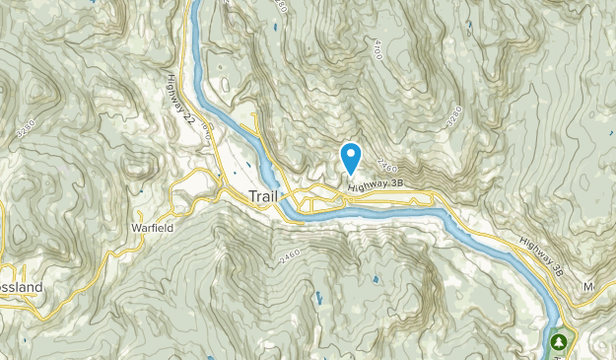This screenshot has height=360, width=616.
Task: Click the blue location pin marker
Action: [350, 159]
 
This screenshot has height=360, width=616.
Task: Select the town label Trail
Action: [264, 196]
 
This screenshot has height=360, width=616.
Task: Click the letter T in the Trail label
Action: [252, 196]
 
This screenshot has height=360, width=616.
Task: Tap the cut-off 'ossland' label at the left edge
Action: [21, 286]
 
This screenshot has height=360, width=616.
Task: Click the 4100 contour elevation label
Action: [376, 48]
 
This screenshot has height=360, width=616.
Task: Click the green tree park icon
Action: [561, 342]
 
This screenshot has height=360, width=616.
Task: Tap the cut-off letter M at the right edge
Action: [590, 287]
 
